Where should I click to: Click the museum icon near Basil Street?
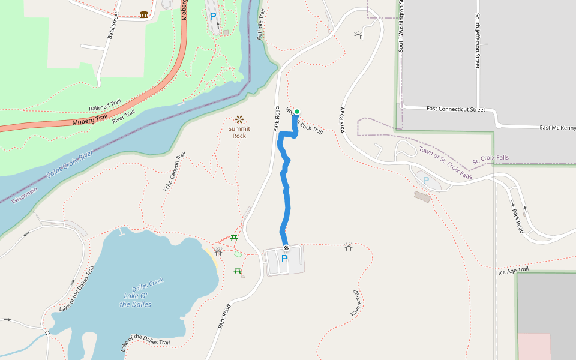pos(144,14)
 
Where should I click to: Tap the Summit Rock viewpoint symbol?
pos(239,119)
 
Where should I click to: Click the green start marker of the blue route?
pos(296,112)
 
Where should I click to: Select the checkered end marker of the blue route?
pos(286,248)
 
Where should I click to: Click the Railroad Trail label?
pos(105,104)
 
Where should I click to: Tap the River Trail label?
pos(124,116)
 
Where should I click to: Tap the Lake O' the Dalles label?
pos(136,300)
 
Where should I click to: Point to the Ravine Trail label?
pos(355,303)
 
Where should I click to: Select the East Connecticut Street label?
pos(455,109)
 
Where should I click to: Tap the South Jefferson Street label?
pos(478,41)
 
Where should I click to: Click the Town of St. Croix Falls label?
pos(446,163)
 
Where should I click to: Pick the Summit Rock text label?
pos(239,132)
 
